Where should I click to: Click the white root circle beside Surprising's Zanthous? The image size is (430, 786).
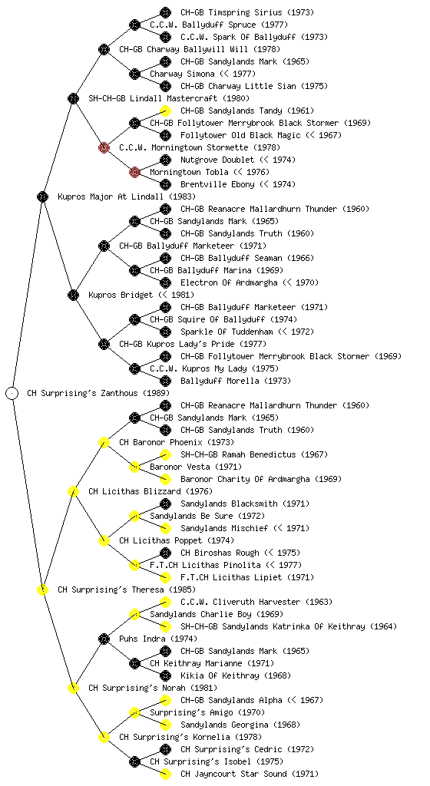pos(12,393)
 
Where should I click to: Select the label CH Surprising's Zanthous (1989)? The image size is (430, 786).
pos(98,393)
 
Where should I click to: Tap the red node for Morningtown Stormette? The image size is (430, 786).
pos(104,147)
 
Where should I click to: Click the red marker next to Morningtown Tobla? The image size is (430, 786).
pos(134,172)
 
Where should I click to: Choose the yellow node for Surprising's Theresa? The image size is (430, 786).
pos(42,589)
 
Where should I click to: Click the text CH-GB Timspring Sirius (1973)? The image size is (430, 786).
pos(247,12)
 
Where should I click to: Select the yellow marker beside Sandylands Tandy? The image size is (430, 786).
pos(165,111)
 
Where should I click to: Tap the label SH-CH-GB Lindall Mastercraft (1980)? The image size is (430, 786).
pos(169,98)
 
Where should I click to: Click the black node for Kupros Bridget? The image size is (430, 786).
pos(73,295)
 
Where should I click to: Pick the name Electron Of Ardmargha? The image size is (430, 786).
pos(229,282)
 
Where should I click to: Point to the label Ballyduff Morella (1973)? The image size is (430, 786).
pos(236,381)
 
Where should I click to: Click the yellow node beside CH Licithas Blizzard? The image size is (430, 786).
pos(73,491)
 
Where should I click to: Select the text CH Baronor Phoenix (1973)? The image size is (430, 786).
pos(177,442)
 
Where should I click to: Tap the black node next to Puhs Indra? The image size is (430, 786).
pos(104,639)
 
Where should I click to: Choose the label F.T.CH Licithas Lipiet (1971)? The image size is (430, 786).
pos(247,577)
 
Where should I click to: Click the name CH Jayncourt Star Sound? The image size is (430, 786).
pos(233,774)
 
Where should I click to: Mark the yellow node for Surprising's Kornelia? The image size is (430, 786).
pos(104,737)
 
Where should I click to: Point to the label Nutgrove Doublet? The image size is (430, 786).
pos(217,160)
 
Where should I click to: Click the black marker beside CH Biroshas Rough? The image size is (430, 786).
pos(165,553)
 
